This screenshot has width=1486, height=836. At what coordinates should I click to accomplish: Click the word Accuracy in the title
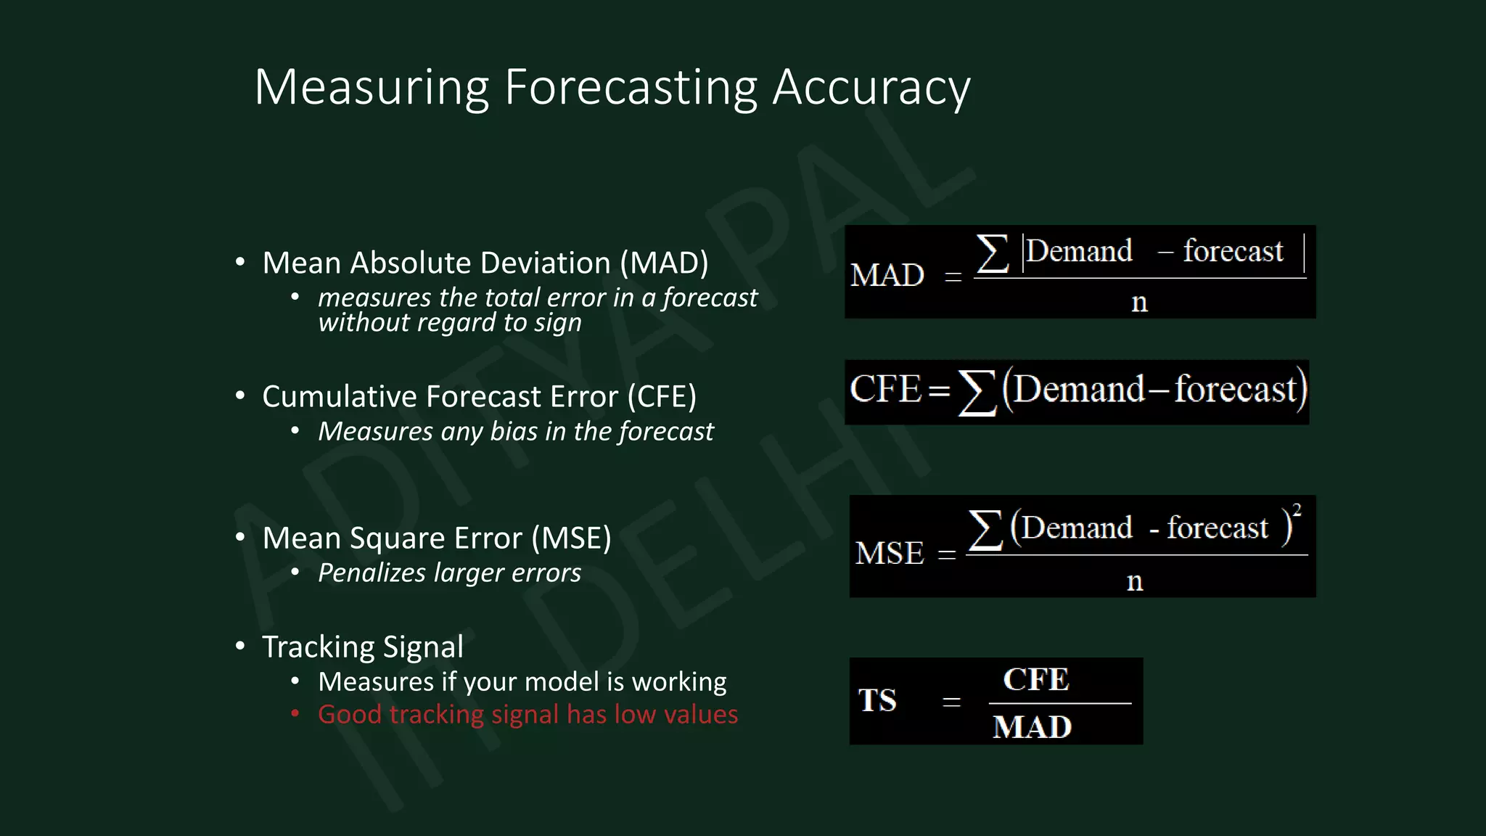coord(871,88)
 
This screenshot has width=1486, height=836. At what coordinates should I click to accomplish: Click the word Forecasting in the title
coord(630,88)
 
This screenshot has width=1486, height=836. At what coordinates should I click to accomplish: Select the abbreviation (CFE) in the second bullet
coord(661,397)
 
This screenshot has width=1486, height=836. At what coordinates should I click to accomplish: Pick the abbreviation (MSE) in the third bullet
coord(571,538)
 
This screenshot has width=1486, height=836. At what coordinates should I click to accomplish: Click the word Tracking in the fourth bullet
coord(317,647)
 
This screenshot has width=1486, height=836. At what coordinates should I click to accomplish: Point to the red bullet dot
coord(295,714)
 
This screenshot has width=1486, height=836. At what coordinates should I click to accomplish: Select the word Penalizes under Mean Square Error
coord(371,573)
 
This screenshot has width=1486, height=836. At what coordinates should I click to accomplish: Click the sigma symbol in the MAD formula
coord(992,253)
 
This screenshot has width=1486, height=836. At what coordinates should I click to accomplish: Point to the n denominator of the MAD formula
coord(1139,302)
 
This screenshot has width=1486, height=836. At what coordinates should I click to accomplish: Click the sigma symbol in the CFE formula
coord(976,393)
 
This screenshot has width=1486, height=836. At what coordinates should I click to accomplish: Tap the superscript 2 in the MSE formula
coord(1297,509)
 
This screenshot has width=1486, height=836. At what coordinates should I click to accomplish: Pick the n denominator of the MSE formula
coord(1135,581)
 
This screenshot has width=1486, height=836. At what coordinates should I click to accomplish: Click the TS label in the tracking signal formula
coord(877,701)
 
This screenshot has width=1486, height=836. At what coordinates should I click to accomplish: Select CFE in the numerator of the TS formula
coord(1035,680)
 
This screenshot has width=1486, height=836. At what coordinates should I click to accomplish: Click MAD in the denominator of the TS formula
coord(1032,727)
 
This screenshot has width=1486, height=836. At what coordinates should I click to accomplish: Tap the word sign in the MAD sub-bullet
coord(557,323)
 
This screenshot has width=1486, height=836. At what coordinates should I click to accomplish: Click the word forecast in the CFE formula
coord(1235,390)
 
